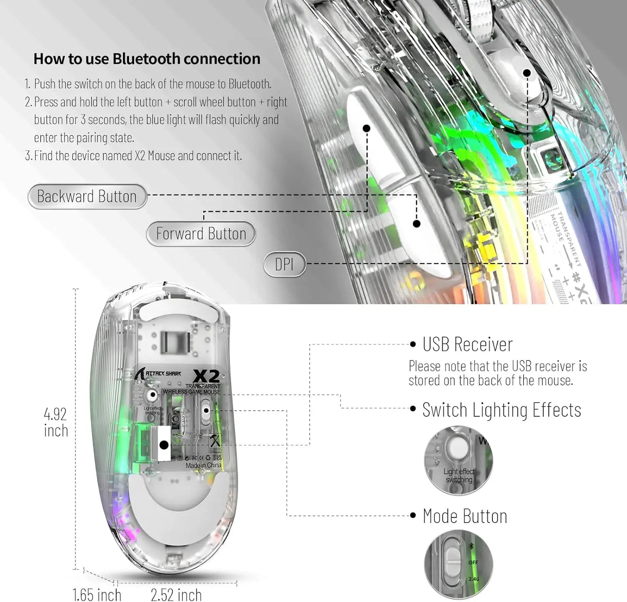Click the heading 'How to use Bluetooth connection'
coord(147,59)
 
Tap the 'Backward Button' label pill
coord(87,196)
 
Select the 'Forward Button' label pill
coord(201,234)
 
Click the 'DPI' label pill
coord(284,264)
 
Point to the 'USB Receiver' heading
coord(467,344)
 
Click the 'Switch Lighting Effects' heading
coord(501,410)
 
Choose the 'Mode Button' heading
coord(465,516)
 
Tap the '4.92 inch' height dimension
coord(56,422)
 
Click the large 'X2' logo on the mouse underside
coord(206,375)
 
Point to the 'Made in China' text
coord(203,465)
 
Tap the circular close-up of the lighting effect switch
coord(458,460)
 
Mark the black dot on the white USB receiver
coord(164,445)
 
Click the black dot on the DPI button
coord(527,73)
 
